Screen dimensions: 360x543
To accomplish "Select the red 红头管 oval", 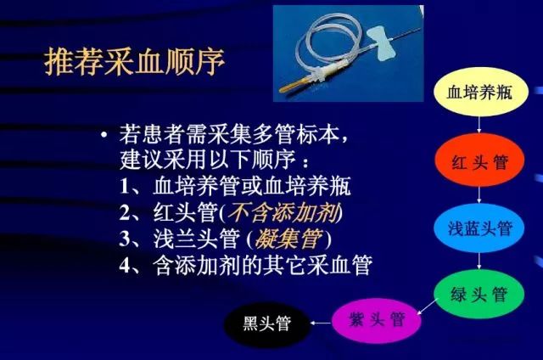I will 481,160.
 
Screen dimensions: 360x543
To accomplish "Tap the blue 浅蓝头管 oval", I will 481,228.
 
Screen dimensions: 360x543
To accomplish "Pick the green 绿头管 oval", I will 481,294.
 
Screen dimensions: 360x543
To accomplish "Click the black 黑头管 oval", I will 266,323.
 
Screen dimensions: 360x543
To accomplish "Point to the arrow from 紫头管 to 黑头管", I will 320,323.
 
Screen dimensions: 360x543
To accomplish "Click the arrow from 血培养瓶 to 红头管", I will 481,124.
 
